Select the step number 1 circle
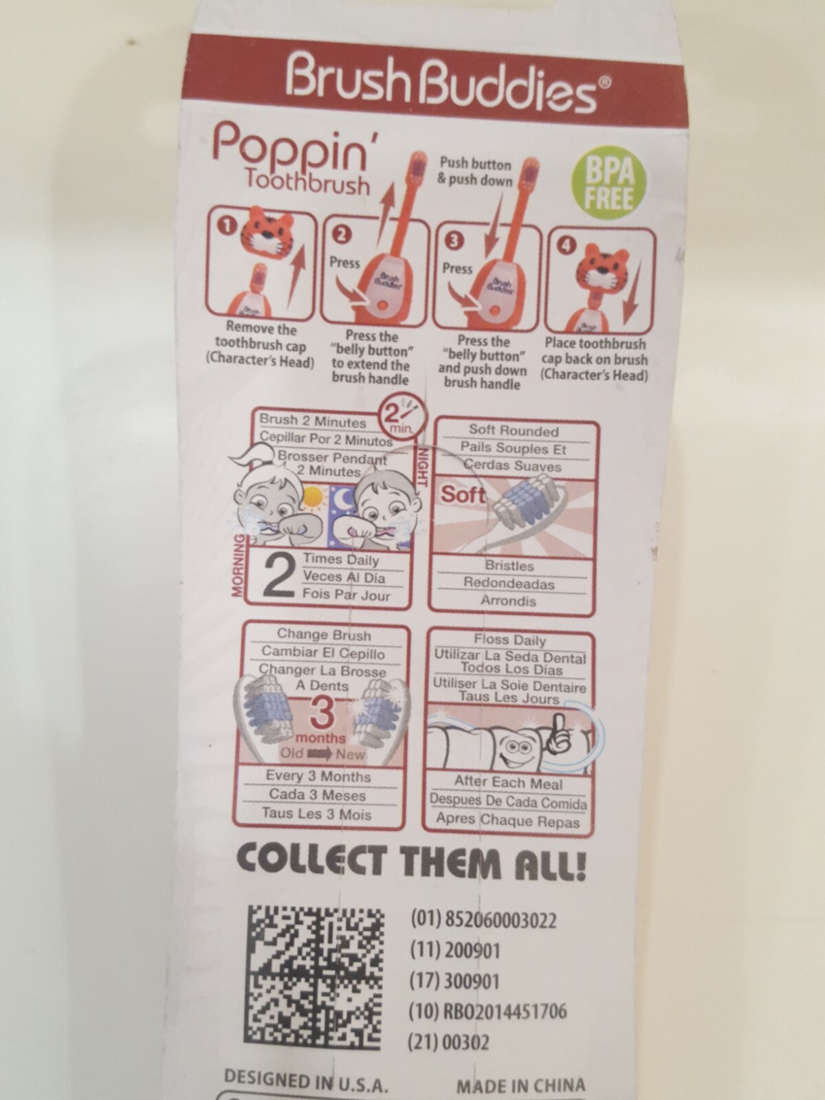(x=226, y=226)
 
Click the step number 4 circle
(x=566, y=246)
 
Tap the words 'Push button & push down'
(x=475, y=172)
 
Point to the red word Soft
(x=462, y=494)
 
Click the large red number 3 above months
(x=322, y=714)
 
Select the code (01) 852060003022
(x=483, y=920)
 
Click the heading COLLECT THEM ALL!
(x=410, y=863)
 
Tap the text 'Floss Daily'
(x=509, y=640)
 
